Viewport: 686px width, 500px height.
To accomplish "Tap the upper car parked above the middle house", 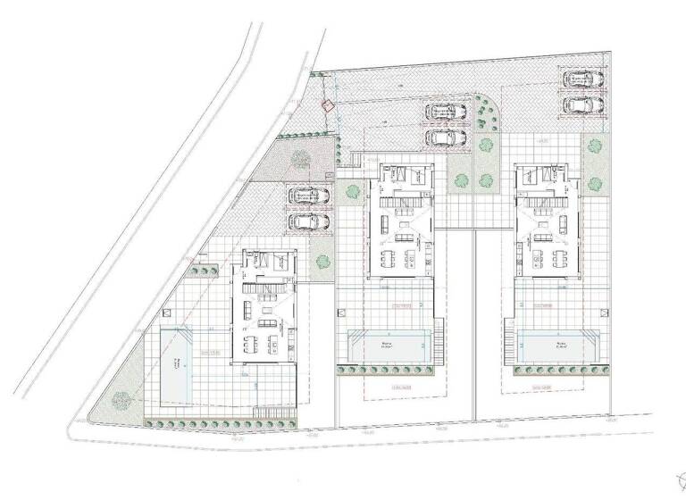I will (443, 112).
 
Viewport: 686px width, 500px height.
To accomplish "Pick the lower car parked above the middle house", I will (443, 137).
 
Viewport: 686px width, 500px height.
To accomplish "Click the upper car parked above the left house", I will (308, 196).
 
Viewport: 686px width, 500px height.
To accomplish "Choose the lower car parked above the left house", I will (308, 221).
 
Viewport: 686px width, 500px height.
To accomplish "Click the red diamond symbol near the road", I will (328, 105).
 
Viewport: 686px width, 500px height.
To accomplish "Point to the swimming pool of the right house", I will (562, 346).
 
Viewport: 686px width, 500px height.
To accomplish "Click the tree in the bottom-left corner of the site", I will (119, 401).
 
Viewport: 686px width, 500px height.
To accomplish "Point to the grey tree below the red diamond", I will (301, 159).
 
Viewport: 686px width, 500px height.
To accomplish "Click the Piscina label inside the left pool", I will (178, 362).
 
